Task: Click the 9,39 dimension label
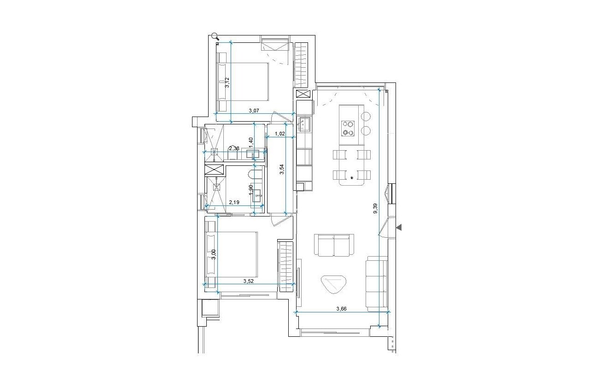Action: (x=376, y=209)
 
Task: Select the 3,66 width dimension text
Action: (x=341, y=309)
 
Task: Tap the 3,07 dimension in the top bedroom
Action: (x=254, y=111)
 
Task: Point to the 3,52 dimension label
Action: (x=249, y=280)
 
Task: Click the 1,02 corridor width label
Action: (x=280, y=134)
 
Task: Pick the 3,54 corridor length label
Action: (x=282, y=170)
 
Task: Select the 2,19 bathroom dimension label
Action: (x=234, y=202)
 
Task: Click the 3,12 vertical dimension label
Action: (x=227, y=82)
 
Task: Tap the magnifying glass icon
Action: (x=215, y=36)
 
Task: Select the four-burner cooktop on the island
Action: (x=348, y=128)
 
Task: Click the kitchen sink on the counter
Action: (x=304, y=124)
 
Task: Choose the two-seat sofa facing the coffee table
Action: (x=334, y=245)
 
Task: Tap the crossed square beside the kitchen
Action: (x=303, y=94)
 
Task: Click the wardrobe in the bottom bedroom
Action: (x=285, y=264)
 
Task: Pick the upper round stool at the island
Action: (x=366, y=115)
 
